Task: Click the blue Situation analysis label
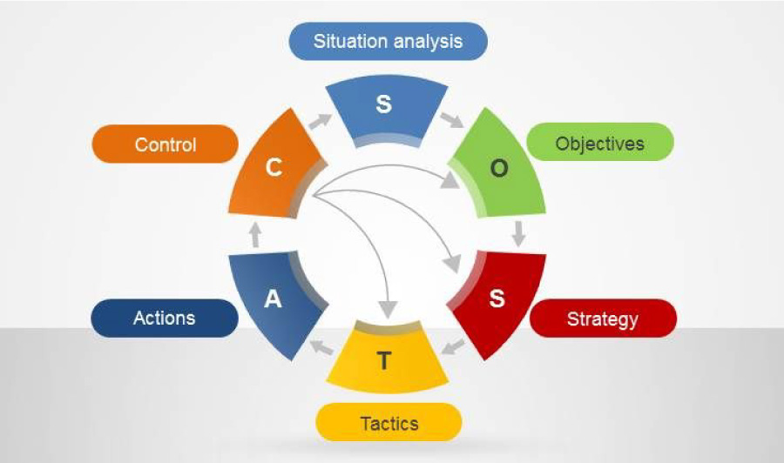click(x=388, y=41)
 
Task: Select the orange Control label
click(x=165, y=144)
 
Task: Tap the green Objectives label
click(x=600, y=144)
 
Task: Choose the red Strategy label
click(x=603, y=319)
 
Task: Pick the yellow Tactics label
click(x=389, y=423)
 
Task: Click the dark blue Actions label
click(x=165, y=319)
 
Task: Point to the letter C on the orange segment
click(x=274, y=167)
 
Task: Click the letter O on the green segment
click(x=499, y=168)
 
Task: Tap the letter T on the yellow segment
click(x=383, y=360)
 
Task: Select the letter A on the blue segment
click(x=273, y=299)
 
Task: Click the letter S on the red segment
click(x=497, y=299)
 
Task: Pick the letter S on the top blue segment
click(x=383, y=104)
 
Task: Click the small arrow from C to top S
click(x=320, y=121)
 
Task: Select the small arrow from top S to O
click(x=452, y=120)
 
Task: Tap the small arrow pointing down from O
click(x=518, y=234)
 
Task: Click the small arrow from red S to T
click(x=454, y=346)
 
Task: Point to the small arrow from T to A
click(x=321, y=347)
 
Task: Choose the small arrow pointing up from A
click(x=255, y=235)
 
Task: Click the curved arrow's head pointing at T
click(x=388, y=309)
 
